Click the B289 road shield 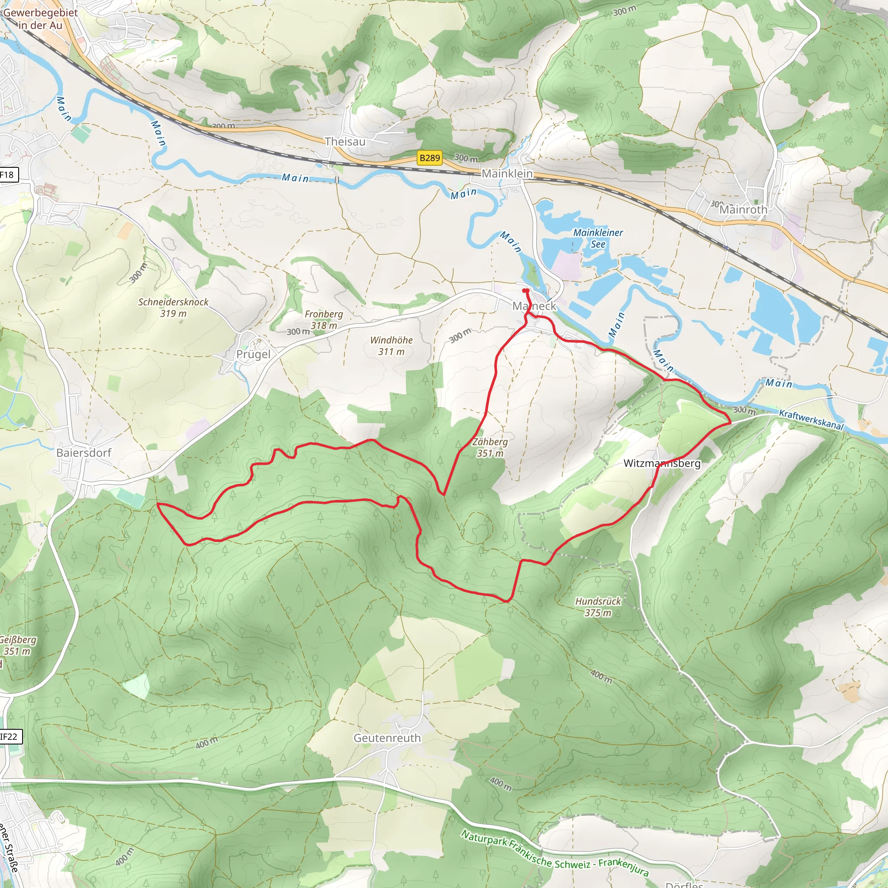(x=430, y=158)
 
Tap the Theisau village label (x=345, y=141)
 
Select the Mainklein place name (x=507, y=174)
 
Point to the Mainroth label (x=743, y=209)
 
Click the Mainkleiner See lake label (x=598, y=238)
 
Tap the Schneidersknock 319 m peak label (x=173, y=307)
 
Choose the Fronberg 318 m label (x=323, y=320)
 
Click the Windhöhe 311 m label (x=391, y=346)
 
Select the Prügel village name (x=253, y=354)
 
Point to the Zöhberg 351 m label (x=490, y=447)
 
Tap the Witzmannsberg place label (x=662, y=464)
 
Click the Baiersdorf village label (x=84, y=453)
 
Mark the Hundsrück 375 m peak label (x=598, y=607)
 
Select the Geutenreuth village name (x=387, y=738)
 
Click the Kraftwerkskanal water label (x=811, y=420)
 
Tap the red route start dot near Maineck (x=526, y=291)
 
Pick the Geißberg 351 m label (x=16, y=645)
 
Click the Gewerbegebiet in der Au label (x=40, y=19)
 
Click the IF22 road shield (x=9, y=737)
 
